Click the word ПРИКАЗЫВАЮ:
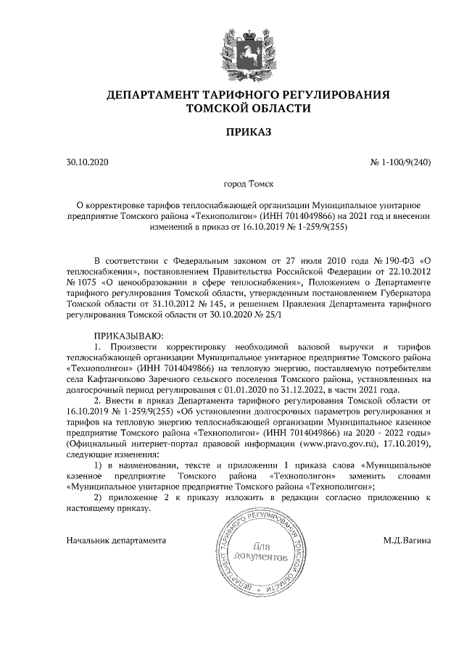point(130,336)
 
